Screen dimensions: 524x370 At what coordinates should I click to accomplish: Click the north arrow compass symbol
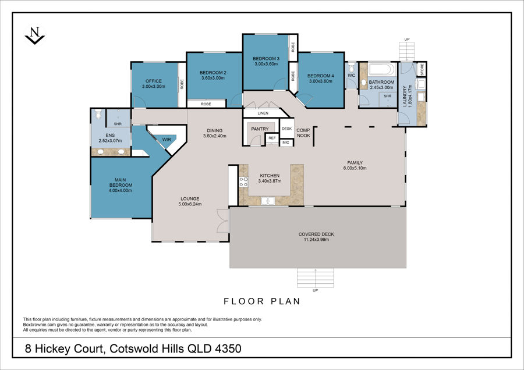35,35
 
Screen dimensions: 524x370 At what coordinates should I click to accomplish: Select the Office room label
154,81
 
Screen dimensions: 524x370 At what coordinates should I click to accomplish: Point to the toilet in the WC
351,68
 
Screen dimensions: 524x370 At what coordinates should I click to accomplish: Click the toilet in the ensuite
98,114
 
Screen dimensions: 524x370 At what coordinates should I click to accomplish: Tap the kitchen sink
268,201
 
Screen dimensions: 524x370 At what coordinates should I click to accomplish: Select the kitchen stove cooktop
243,182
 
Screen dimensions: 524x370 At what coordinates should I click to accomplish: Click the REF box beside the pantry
272,138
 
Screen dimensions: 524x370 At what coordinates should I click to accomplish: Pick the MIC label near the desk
286,143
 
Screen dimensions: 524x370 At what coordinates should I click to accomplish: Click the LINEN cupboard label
263,113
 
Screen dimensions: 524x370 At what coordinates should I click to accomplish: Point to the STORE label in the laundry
422,69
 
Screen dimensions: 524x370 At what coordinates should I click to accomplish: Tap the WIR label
167,140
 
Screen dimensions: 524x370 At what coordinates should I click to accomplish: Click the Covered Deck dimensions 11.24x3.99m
316,240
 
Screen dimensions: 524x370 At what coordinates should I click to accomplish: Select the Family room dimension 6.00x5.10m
355,168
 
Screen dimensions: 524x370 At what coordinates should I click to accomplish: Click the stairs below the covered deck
316,278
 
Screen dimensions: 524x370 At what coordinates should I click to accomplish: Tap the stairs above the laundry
407,52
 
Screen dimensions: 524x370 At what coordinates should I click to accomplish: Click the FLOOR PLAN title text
262,301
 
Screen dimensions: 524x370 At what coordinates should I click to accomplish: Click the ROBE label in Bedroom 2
206,104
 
